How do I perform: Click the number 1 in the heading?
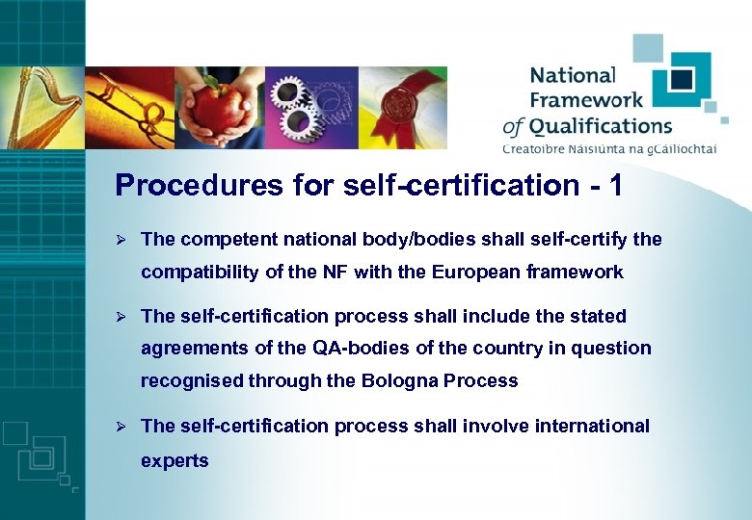tap(613, 185)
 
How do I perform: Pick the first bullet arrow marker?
tap(121, 239)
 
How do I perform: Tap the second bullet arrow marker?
tap(121, 316)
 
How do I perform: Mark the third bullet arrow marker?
tap(121, 426)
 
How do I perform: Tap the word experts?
tap(175, 460)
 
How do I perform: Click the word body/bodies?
tap(424, 239)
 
